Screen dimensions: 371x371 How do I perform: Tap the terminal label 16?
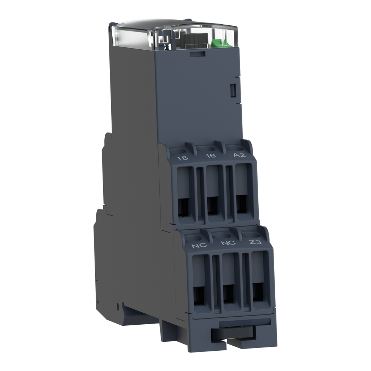click(x=210, y=156)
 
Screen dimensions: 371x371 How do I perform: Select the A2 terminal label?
click(x=239, y=155)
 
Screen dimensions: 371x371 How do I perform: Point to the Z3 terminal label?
click(x=256, y=242)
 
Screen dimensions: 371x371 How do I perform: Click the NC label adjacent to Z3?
click(x=228, y=243)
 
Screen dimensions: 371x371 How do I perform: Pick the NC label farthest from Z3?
click(x=199, y=245)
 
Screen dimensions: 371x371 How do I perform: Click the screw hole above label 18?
click(x=177, y=151)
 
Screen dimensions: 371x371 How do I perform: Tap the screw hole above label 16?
click(x=206, y=149)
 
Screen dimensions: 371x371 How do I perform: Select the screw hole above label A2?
click(x=234, y=147)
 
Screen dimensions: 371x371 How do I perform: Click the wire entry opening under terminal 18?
click(x=183, y=206)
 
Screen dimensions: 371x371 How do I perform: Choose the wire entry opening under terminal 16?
click(x=213, y=206)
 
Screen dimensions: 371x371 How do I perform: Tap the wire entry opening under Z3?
click(x=258, y=292)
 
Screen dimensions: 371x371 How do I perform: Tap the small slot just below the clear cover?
click(x=197, y=54)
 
